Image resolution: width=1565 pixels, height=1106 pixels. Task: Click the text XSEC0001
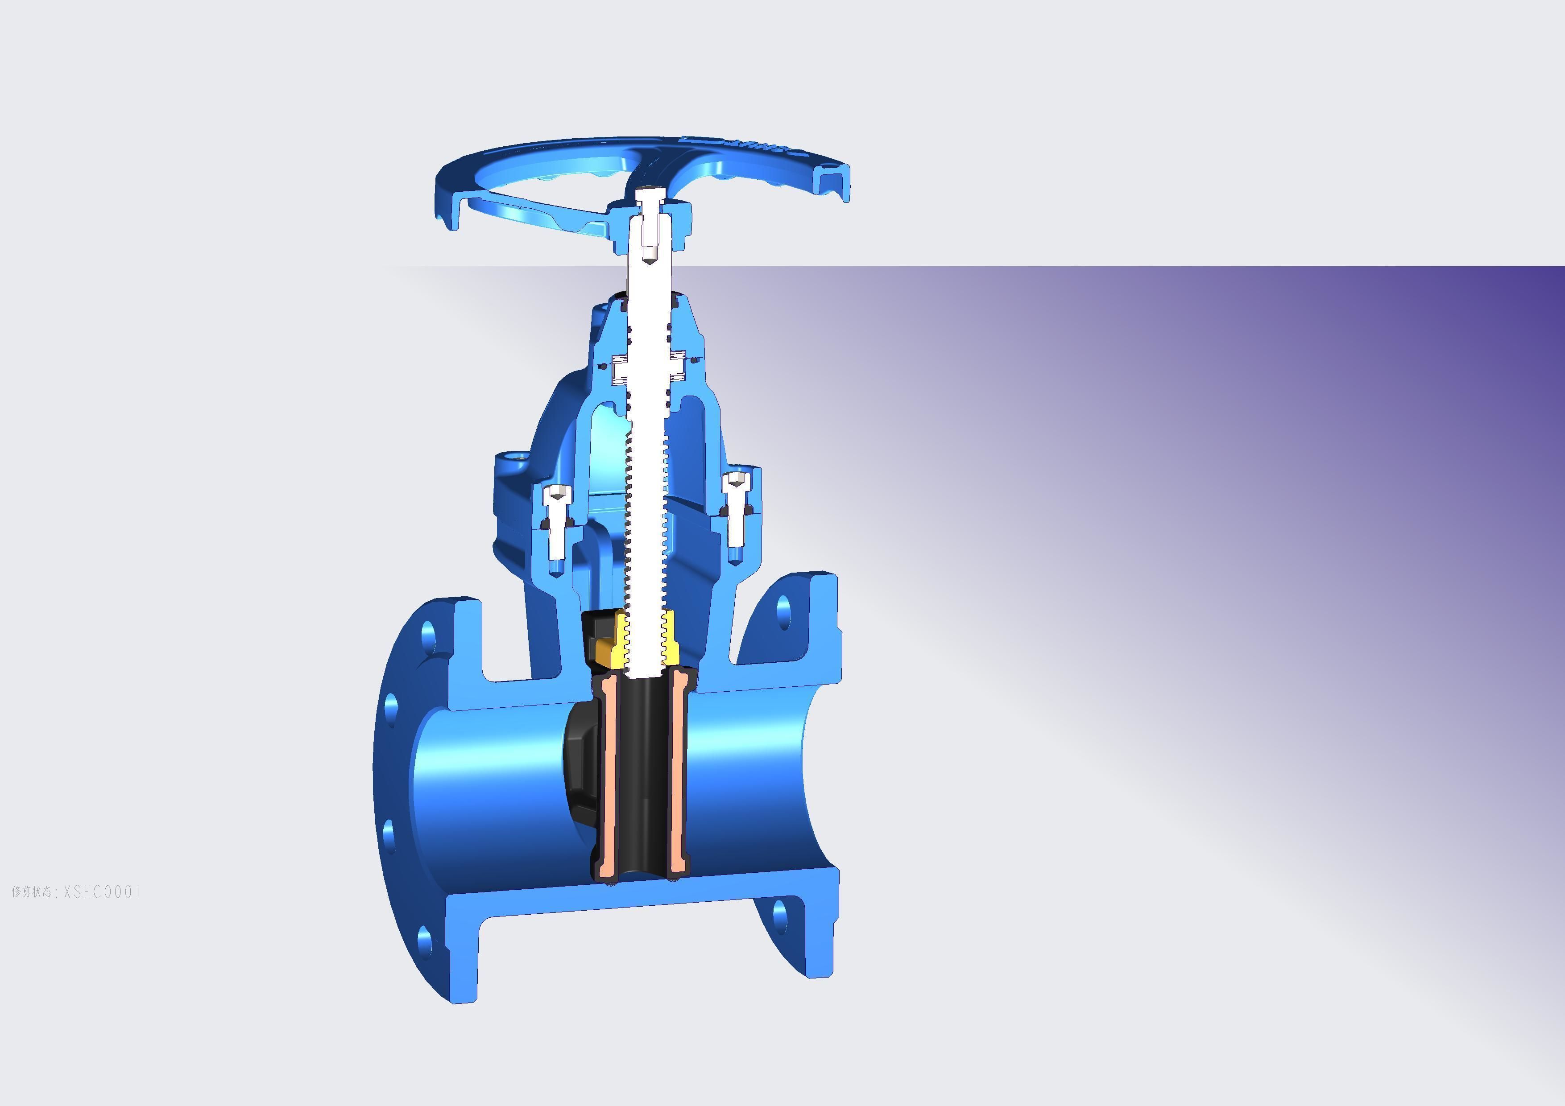point(102,892)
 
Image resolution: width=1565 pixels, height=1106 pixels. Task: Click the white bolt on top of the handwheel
point(650,202)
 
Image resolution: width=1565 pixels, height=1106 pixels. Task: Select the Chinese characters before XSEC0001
point(31,892)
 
